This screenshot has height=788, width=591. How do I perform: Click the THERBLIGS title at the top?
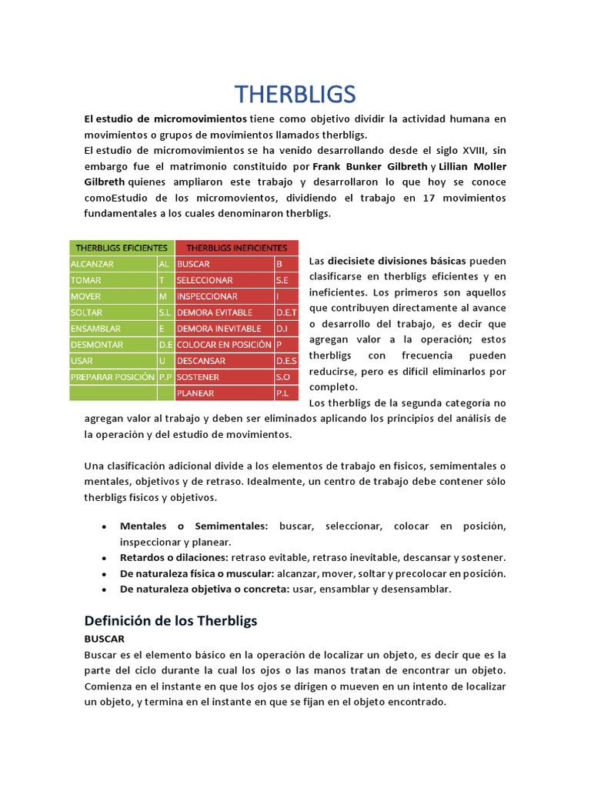tap(295, 94)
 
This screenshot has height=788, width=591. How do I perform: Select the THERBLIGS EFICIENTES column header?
tap(122, 248)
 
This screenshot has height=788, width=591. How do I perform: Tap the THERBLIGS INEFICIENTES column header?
tap(236, 248)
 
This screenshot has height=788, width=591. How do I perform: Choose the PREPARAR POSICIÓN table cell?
tap(112, 377)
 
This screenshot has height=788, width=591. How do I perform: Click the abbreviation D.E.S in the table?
tap(286, 361)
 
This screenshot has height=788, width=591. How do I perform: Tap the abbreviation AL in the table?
tap(164, 264)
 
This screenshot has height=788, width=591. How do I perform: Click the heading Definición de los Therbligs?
tap(170, 620)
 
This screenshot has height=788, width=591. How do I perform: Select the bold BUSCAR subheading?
tap(104, 639)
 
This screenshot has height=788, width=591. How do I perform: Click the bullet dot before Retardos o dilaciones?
tap(103, 558)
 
